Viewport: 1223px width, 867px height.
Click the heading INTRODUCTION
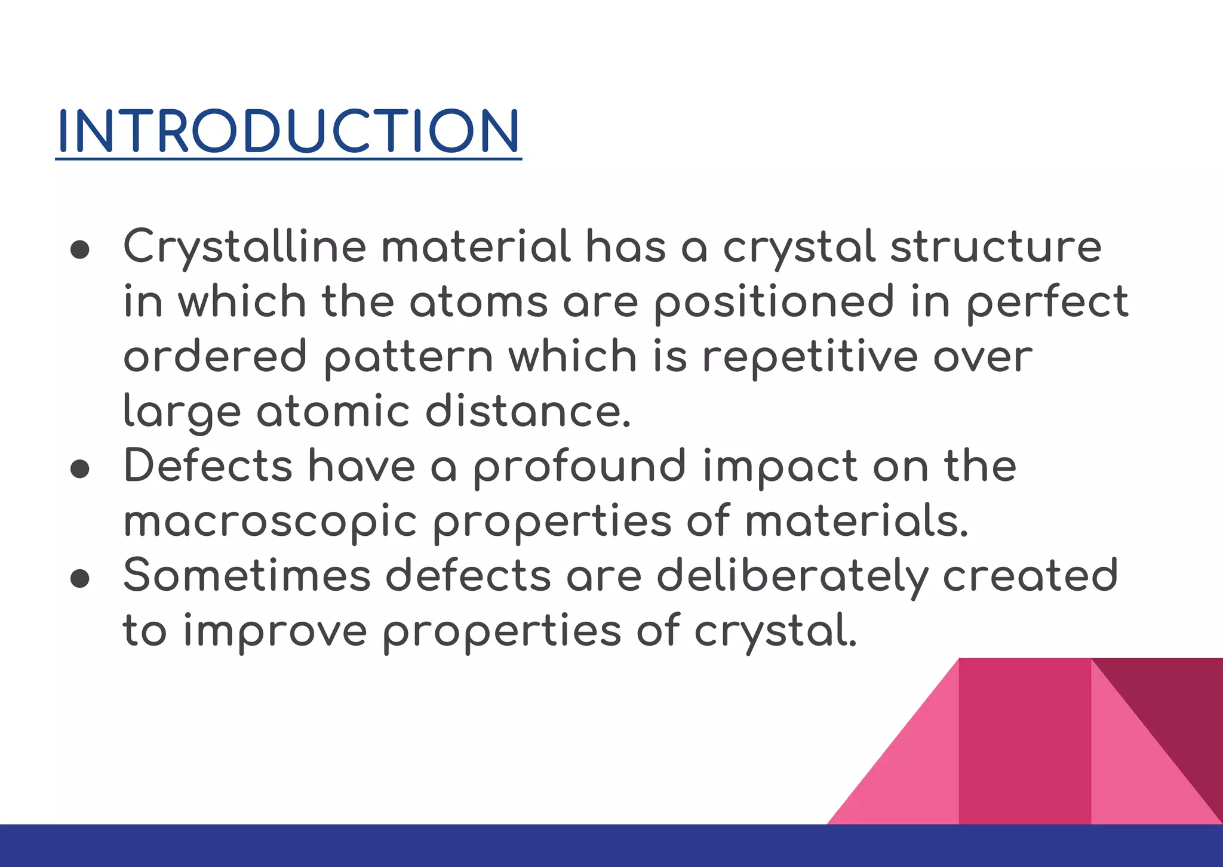pos(288,131)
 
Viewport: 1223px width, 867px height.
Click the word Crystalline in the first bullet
pos(244,246)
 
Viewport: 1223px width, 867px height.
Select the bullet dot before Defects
pos(79,469)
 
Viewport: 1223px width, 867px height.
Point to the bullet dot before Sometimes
pos(79,578)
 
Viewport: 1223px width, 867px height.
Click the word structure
pos(995,246)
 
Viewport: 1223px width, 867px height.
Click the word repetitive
pos(809,357)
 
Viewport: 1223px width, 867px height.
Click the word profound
pos(579,467)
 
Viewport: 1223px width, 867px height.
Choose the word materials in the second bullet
pos(856,521)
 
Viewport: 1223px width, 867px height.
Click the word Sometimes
pos(247,576)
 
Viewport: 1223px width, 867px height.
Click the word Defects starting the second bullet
pos(208,466)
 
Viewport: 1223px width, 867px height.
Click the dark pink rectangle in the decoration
pos(1025,740)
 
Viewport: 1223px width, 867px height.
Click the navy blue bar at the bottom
pos(611,846)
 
